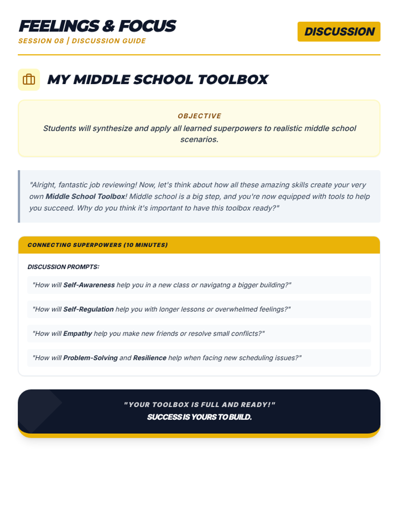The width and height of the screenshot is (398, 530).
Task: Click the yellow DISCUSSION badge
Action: point(339,32)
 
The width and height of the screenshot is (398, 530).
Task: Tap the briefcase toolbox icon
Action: point(29,79)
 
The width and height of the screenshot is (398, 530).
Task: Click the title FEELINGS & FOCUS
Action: point(97,26)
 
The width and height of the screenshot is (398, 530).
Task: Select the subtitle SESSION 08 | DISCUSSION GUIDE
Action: point(82,41)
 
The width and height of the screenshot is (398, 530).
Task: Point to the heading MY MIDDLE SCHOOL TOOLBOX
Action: point(158,79)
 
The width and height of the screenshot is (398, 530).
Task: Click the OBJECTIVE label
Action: point(199,116)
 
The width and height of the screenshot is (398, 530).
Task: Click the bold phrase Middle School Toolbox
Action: point(85,196)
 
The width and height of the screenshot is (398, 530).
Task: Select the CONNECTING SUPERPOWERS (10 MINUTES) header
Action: point(98,245)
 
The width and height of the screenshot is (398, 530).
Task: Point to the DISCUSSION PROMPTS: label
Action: point(63,267)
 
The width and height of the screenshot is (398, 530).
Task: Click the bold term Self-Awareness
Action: point(89,285)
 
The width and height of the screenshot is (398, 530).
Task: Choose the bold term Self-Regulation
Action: point(88,309)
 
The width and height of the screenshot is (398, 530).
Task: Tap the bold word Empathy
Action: point(78,334)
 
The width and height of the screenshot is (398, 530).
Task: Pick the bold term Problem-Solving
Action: point(90,358)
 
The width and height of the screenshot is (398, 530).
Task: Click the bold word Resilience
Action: point(150,358)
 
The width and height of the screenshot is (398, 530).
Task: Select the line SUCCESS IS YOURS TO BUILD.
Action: point(199,417)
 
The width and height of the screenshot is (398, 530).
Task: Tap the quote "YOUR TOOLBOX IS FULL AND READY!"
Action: point(199,405)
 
